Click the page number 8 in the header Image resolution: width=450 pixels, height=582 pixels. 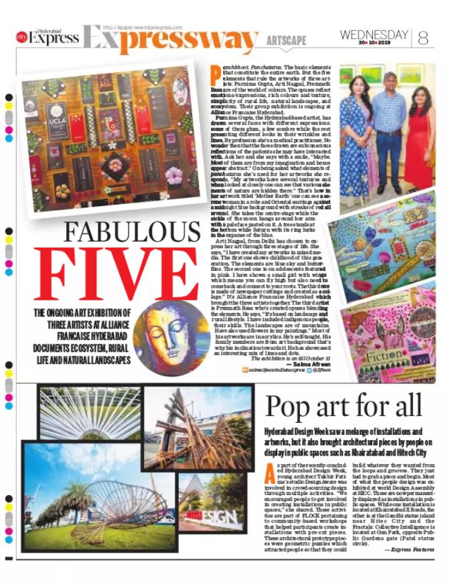tap(423, 37)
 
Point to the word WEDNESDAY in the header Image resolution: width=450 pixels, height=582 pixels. tap(374, 34)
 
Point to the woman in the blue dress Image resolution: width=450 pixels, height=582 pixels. tap(357, 134)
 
